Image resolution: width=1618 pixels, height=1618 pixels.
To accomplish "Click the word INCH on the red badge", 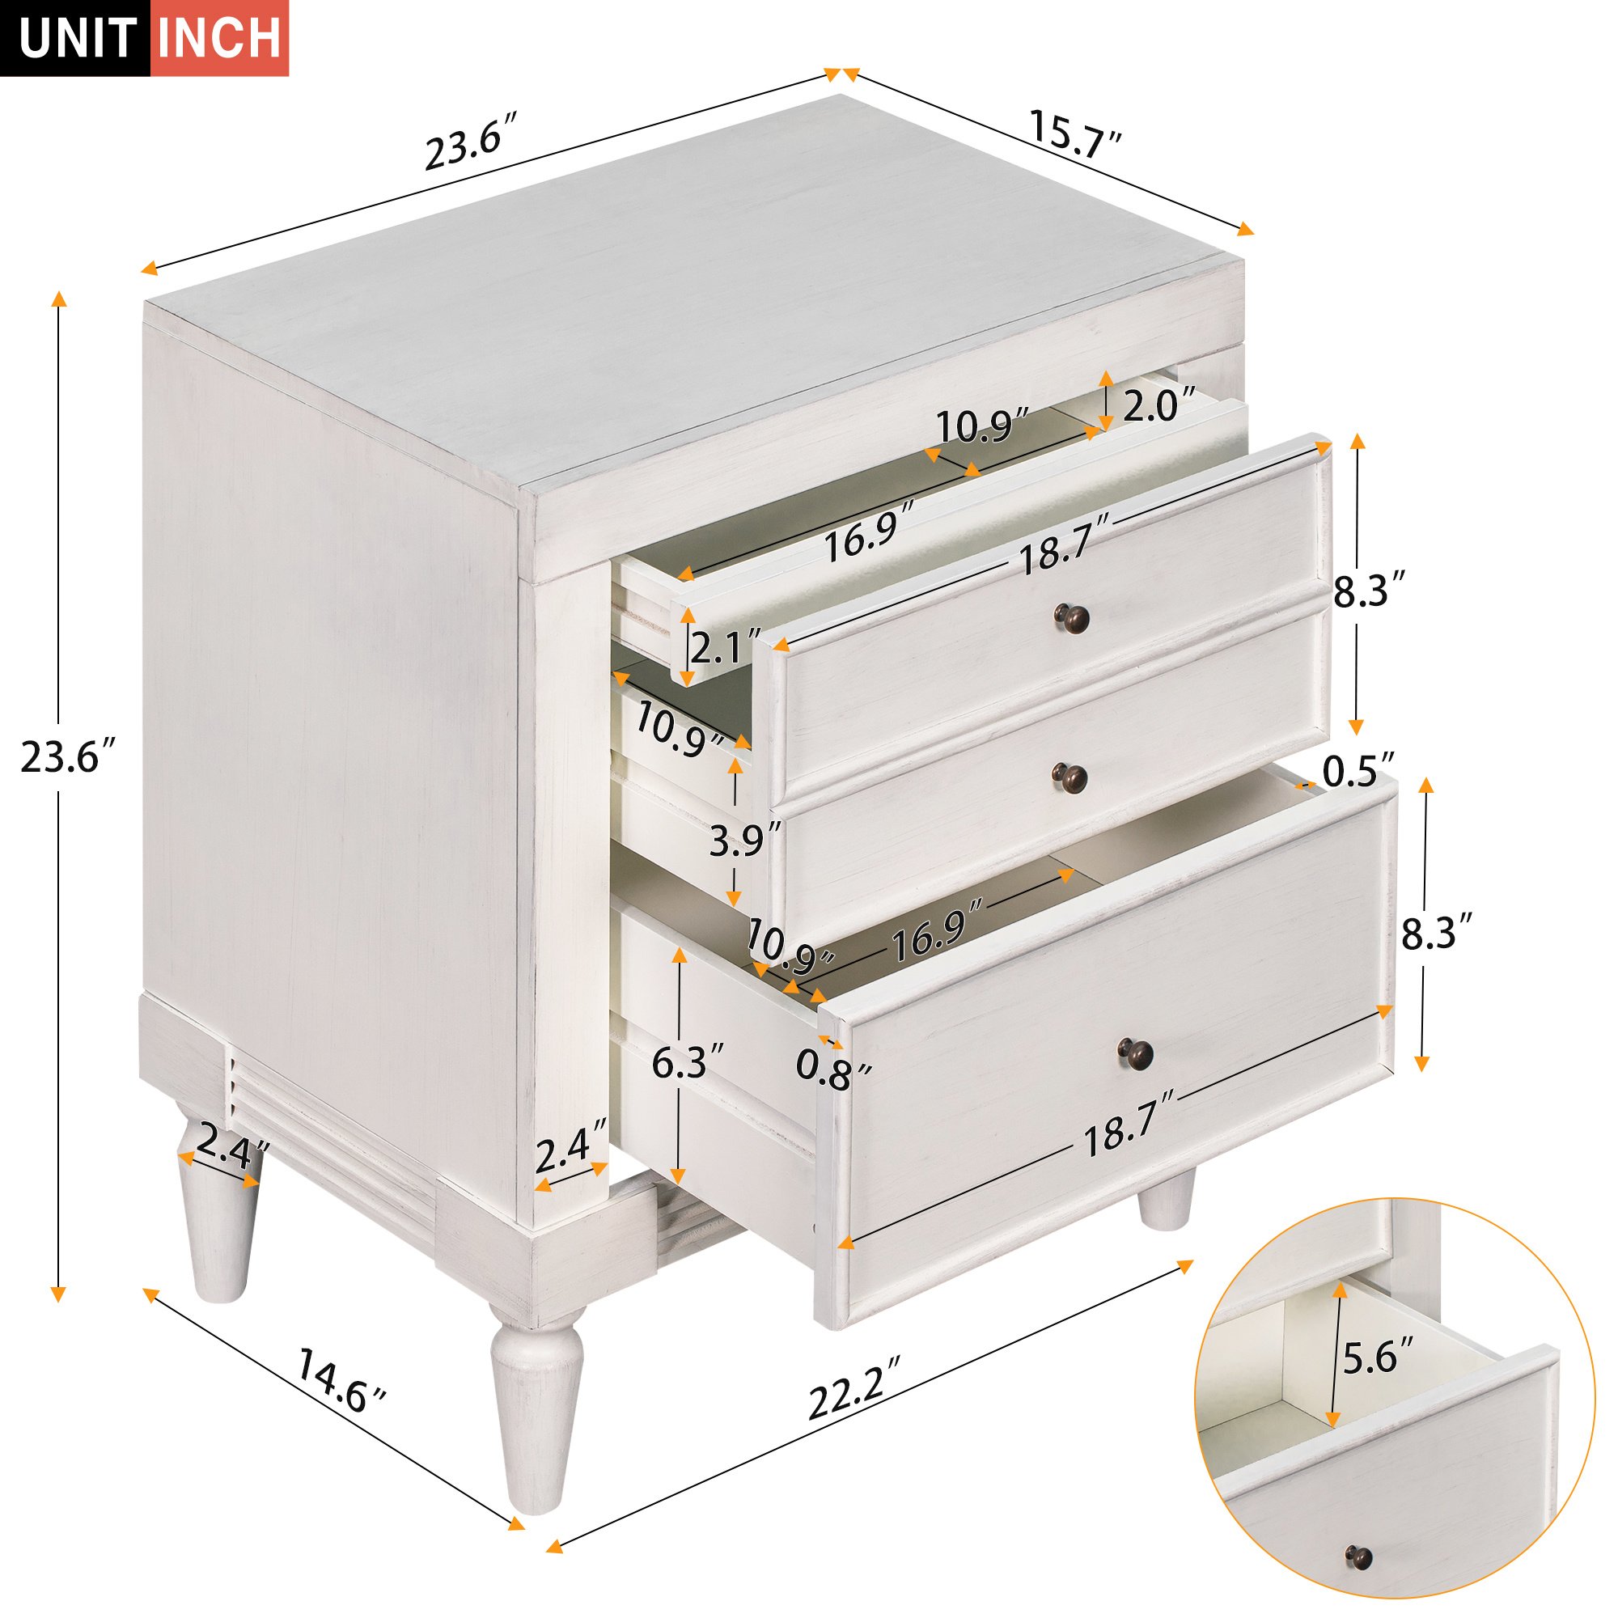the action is click(219, 39).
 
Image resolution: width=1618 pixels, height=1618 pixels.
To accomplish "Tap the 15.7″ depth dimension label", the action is click(1074, 134).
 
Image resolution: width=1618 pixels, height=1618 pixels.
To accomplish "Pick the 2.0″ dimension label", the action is click(1158, 407).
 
